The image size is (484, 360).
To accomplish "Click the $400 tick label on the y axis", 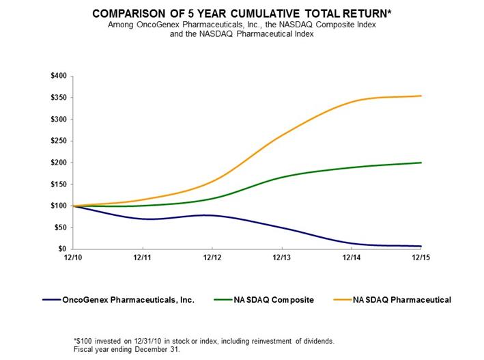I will click(59, 76).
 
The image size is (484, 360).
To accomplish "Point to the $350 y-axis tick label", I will click(59, 98).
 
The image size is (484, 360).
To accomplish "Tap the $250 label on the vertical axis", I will click(59, 141).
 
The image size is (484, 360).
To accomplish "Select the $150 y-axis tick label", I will click(59, 184).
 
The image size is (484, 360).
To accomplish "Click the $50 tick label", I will click(60, 227).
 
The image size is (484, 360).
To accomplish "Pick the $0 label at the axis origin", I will click(62, 249).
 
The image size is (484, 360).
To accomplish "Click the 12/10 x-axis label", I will click(74, 258).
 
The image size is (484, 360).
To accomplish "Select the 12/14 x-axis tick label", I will click(352, 258).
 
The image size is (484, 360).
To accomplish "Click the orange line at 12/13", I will click(282, 137).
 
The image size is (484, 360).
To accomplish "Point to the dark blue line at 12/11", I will click(143, 219).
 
